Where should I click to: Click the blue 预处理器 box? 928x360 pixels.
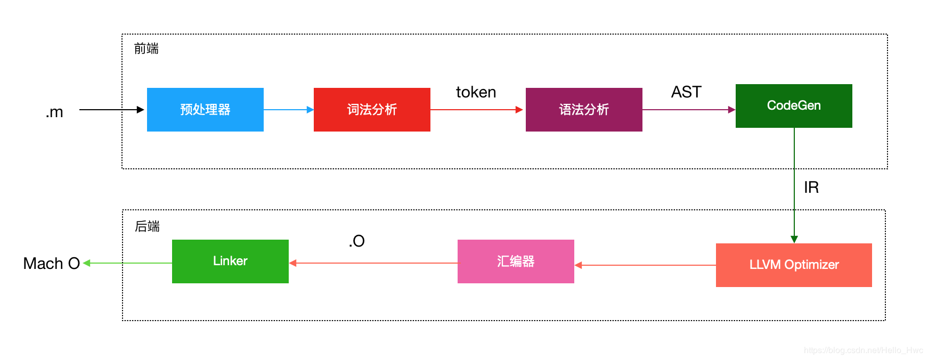coord(205,110)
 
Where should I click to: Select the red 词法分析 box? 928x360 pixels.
coord(372,110)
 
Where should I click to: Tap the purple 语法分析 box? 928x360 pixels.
coord(584,110)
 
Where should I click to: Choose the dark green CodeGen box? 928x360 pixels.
coord(794,106)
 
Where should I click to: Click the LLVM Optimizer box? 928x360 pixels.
coord(794,265)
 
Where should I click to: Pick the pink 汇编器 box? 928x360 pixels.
coord(516,261)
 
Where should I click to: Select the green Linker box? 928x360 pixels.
coord(230,261)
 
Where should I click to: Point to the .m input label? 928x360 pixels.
coord(54,112)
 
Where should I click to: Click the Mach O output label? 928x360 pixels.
coord(51,264)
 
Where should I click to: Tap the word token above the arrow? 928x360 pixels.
coord(476,92)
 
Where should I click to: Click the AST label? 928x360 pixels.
coord(686,92)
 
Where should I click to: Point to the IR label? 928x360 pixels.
coord(811,187)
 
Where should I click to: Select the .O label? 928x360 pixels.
coord(357,241)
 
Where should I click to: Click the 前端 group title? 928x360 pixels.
coord(146,49)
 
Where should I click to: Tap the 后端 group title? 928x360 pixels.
coord(147,227)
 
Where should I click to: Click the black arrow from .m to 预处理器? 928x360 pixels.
coord(112,110)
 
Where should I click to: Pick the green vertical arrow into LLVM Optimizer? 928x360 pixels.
coord(794,186)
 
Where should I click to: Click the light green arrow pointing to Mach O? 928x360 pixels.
coord(128,263)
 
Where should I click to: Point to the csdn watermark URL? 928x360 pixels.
coord(863,350)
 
